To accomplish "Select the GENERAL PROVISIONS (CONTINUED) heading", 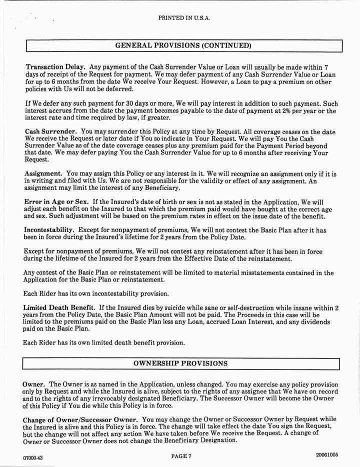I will point(183,45).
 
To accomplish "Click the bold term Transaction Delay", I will point(55,66).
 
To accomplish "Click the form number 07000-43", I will point(33,457).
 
